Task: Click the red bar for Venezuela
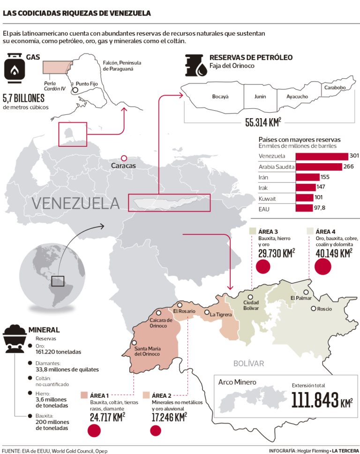[322, 156]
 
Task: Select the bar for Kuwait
[305, 198]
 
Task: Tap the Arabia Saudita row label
[276, 167]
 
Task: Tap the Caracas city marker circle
[124, 159]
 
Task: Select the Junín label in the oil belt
[260, 97]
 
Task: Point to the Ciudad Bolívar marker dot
[251, 297]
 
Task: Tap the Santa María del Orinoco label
[147, 351]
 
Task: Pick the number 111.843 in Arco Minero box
[315, 400]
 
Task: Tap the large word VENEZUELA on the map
[75, 204]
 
